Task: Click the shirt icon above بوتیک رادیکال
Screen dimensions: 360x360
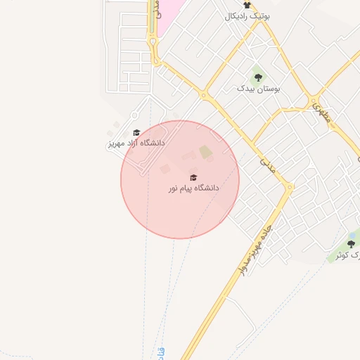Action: [x=247, y=5]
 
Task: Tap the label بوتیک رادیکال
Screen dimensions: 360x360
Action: [x=247, y=15]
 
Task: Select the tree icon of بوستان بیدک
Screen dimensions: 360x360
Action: [x=258, y=77]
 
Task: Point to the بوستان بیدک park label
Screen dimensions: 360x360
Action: [x=258, y=89]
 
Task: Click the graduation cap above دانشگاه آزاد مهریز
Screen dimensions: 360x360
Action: [x=136, y=131]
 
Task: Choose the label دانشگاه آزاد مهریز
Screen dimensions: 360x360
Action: [x=136, y=143]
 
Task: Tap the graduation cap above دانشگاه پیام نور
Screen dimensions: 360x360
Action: [x=193, y=177]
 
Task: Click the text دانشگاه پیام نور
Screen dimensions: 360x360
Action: [x=193, y=188]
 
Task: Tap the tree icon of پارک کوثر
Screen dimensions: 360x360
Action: [x=351, y=243]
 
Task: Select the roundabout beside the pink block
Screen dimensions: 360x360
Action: [x=152, y=40]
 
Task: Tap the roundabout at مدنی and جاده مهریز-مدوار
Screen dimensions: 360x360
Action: [x=289, y=188]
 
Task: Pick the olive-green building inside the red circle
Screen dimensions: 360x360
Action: [x=205, y=151]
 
